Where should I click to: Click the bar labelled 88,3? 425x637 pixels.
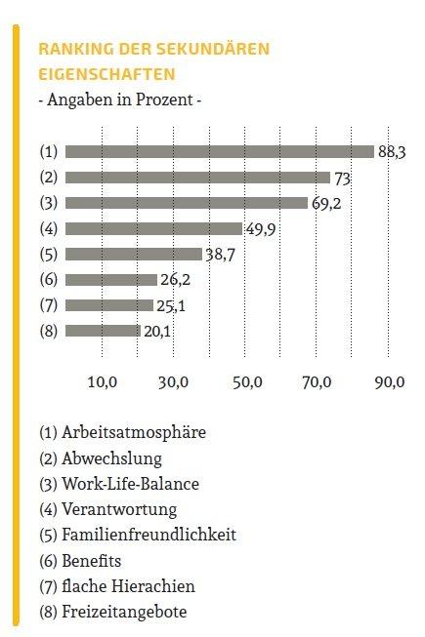[220, 151]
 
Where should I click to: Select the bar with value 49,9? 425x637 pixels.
[153, 228]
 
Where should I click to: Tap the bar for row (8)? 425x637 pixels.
[103, 331]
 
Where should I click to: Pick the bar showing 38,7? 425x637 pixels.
[134, 255]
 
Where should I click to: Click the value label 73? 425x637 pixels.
[342, 179]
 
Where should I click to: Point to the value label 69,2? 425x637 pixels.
[326, 204]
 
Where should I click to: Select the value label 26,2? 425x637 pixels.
[175, 280]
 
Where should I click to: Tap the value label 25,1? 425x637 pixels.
[171, 306]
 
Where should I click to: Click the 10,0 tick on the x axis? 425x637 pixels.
[103, 382]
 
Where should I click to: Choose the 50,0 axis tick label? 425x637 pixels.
[247, 382]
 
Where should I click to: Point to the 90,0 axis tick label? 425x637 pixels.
[390, 382]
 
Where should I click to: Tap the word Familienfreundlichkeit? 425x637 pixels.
[149, 535]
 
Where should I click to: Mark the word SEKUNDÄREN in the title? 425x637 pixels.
[213, 49]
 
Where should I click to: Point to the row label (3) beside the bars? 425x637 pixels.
[49, 203]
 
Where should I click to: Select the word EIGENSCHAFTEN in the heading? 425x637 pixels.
[106, 74]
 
